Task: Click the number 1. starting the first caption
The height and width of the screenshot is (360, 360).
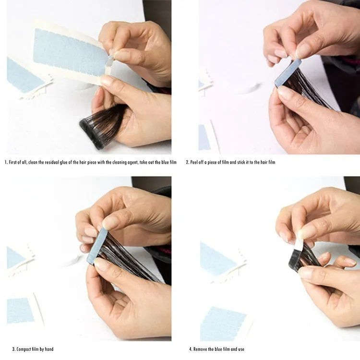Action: (x=6, y=162)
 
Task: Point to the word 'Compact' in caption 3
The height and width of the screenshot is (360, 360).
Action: (x=24, y=349)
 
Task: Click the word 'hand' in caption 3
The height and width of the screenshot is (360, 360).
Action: (x=49, y=349)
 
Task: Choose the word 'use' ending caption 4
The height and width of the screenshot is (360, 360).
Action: (x=241, y=349)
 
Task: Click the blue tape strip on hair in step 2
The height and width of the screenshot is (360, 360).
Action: (x=288, y=72)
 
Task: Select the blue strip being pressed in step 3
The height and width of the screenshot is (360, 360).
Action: (x=97, y=246)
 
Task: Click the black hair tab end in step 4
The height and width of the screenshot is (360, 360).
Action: (x=295, y=259)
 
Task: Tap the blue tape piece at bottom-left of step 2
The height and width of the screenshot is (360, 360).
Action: (x=204, y=137)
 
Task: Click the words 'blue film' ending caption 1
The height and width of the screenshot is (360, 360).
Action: (x=169, y=162)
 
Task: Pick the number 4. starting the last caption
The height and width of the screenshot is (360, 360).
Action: (x=191, y=349)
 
